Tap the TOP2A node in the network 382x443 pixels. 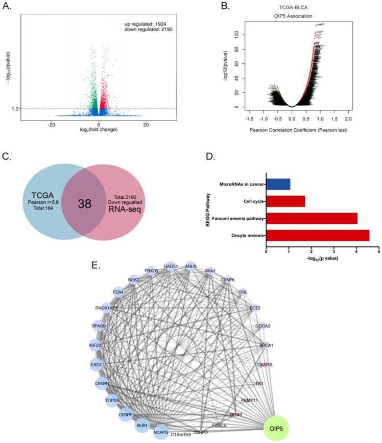tap(112, 401)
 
